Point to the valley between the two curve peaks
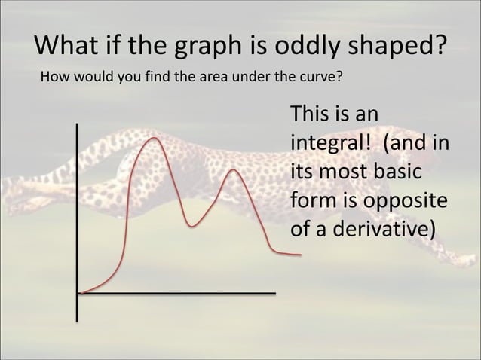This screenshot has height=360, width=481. pyautogui.click(x=193, y=225)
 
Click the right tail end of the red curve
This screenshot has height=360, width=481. pyautogui.click(x=299, y=255)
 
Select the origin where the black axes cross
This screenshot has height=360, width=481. pyautogui.click(x=78, y=293)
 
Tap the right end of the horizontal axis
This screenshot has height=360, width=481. pyautogui.click(x=274, y=293)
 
